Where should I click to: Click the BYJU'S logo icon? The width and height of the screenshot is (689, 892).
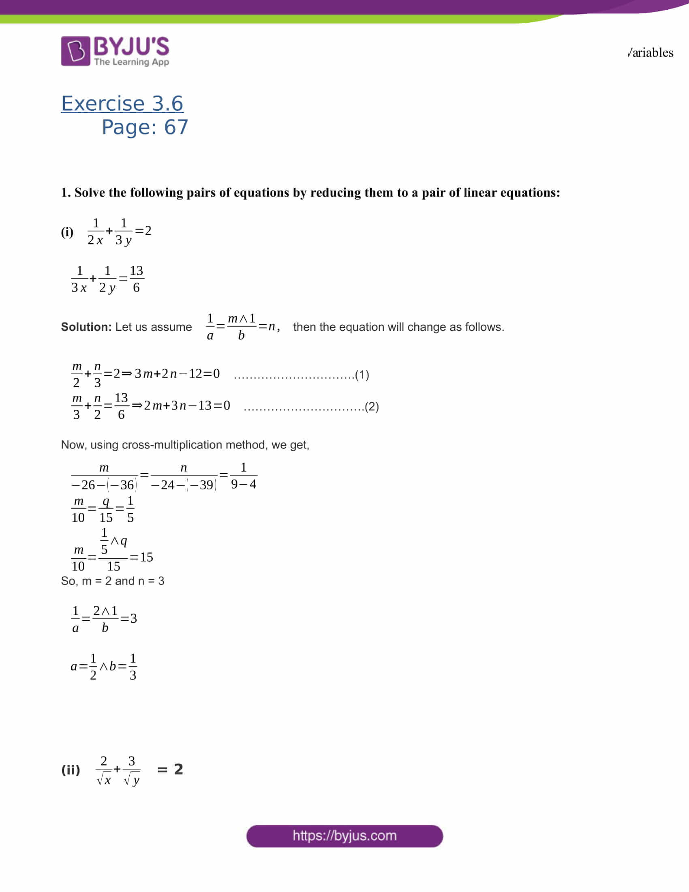click(x=75, y=51)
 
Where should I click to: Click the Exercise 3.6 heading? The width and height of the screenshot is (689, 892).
click(x=122, y=103)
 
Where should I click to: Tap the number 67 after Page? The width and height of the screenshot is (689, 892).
click(x=176, y=127)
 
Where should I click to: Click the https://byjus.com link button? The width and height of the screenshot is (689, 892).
click(x=344, y=836)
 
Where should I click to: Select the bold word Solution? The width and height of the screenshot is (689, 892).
click(x=86, y=327)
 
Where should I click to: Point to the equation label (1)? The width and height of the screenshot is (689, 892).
click(x=362, y=375)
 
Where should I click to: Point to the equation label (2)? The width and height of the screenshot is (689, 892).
click(x=372, y=406)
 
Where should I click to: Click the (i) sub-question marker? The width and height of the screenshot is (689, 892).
click(x=67, y=232)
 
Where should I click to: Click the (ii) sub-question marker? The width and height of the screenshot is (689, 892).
click(x=71, y=770)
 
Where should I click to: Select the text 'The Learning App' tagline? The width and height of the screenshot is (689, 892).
click(x=131, y=62)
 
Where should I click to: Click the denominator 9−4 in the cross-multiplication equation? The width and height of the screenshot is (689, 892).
click(x=244, y=484)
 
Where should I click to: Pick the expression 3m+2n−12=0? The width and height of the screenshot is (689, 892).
click(x=177, y=373)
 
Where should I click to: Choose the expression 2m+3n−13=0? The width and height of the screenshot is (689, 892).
click(x=187, y=405)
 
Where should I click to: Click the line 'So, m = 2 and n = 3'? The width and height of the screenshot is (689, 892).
click(x=113, y=581)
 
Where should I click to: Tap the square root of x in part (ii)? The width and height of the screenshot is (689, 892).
click(x=104, y=780)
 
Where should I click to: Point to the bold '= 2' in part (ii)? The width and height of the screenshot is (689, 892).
click(x=170, y=770)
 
